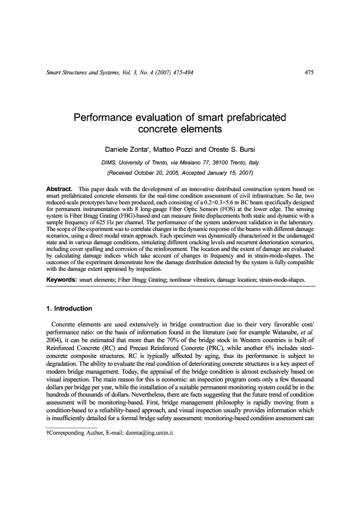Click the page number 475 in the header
coord(309,73)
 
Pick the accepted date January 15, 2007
coord(229,173)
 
